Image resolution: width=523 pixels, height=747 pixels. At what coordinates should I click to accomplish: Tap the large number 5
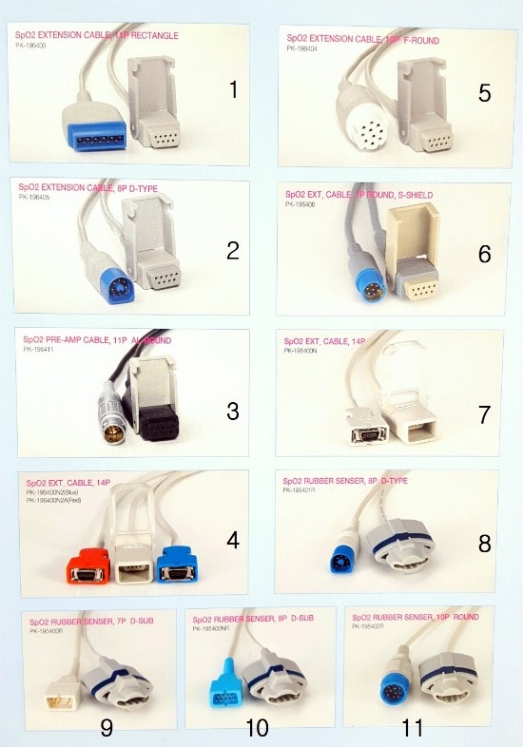[x=485, y=92]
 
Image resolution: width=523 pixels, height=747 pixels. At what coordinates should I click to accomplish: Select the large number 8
[x=484, y=544]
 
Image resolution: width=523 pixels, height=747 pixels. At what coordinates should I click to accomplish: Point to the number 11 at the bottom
[x=413, y=727]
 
